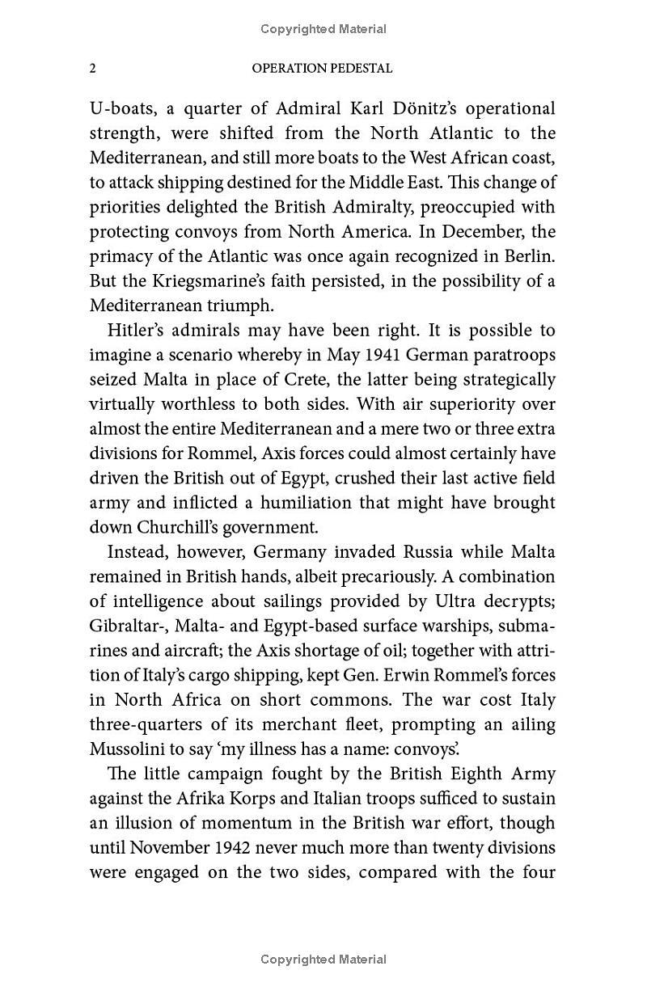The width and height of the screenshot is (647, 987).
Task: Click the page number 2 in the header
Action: [93, 69]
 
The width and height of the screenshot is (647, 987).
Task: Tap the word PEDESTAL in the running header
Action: [359, 69]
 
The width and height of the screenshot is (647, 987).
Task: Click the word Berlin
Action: [529, 257]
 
